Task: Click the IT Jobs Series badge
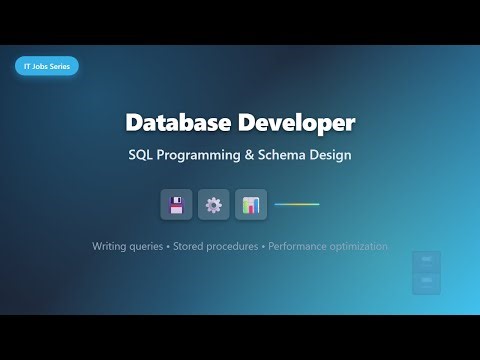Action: tap(47, 66)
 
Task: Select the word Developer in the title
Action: tap(295, 123)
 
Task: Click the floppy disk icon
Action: tap(176, 205)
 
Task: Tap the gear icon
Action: tap(213, 205)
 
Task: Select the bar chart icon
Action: tap(251, 205)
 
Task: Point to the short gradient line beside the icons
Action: tap(297, 204)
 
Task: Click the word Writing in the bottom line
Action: tap(112, 246)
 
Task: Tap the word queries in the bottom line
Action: tap(155, 246)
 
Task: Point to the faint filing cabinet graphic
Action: tap(426, 272)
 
